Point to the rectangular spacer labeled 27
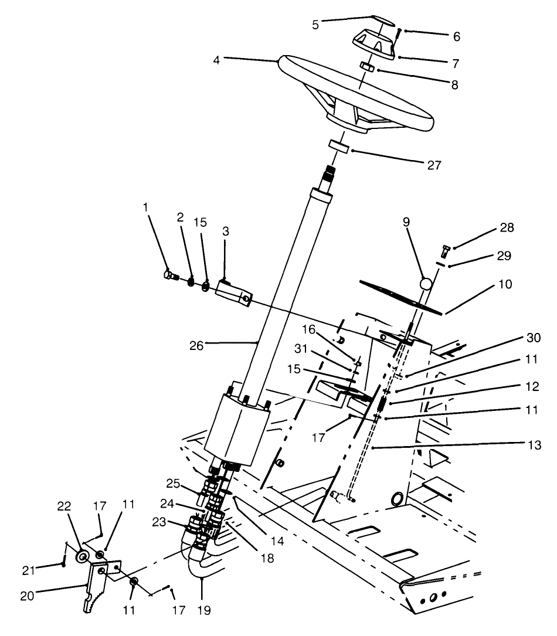(x=339, y=147)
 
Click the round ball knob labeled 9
(x=426, y=284)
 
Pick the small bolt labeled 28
(x=444, y=253)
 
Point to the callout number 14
(x=277, y=542)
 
